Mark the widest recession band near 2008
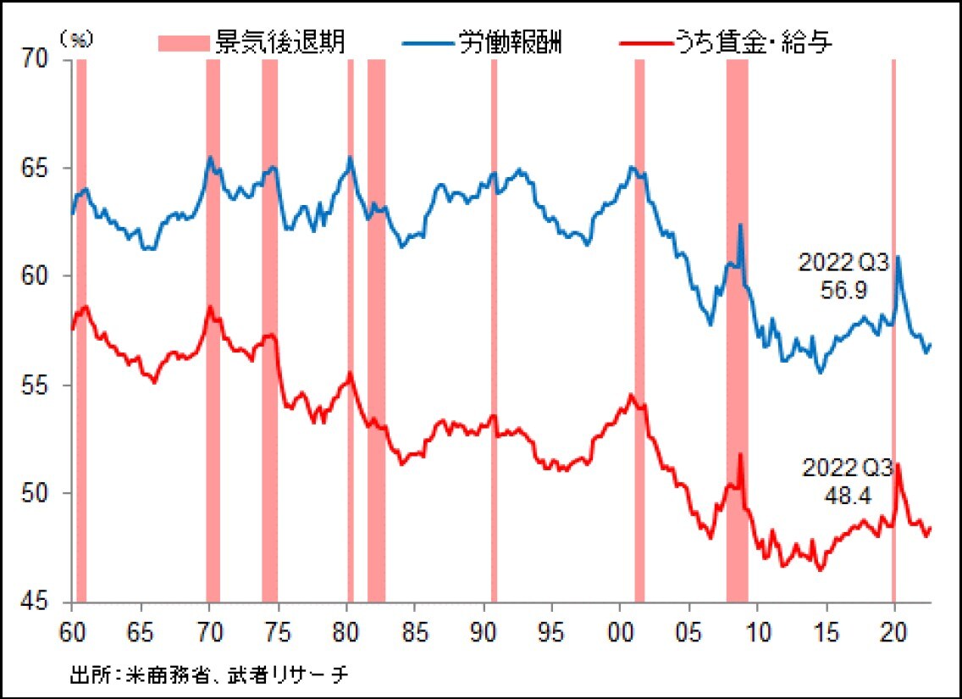tap(737, 330)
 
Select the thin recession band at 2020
tap(893, 330)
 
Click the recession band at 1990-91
tap(494, 330)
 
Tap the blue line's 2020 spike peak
tap(898, 257)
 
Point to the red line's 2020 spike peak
tap(898, 464)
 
